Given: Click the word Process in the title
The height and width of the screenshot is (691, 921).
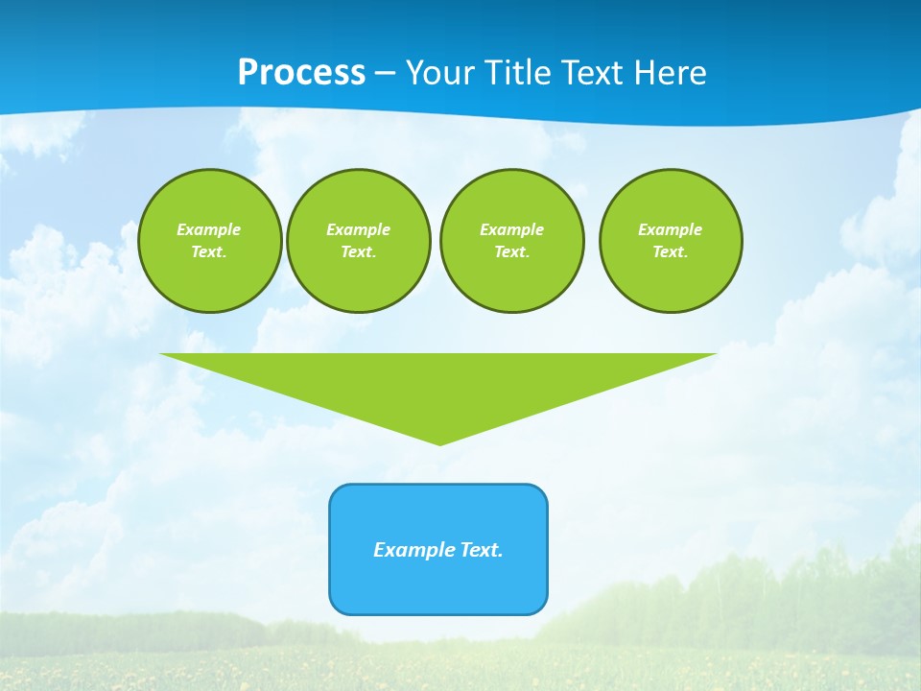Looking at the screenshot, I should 301,73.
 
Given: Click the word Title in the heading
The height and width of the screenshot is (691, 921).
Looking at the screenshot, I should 519,73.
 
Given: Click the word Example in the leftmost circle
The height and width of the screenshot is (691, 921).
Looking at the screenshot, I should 209,229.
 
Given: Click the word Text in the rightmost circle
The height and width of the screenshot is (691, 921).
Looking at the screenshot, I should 670,251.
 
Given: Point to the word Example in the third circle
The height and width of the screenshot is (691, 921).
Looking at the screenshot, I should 511,229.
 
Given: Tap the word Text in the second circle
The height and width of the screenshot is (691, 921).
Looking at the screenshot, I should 358,251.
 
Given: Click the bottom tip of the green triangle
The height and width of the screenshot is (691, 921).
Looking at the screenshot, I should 439,442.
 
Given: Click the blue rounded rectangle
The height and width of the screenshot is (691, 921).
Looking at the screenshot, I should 438,585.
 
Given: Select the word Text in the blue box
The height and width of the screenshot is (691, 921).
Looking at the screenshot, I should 482,550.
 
